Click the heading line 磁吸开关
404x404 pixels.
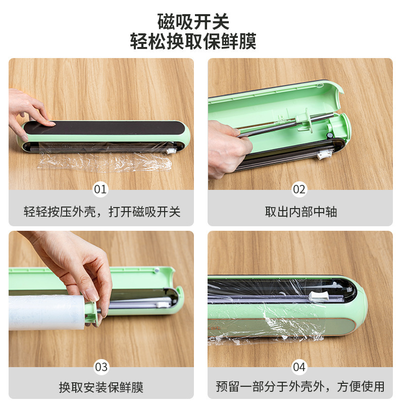[x=193, y=22]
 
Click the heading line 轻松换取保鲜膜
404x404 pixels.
[x=193, y=41]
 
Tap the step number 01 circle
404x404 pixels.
[x=100, y=189]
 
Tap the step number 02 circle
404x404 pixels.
[x=299, y=189]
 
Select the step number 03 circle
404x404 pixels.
[x=101, y=367]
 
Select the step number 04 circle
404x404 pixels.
[x=299, y=367]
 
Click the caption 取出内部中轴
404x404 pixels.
[x=301, y=212]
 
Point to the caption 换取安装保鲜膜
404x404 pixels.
[x=101, y=387]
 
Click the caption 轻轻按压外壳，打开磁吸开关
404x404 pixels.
[x=102, y=212]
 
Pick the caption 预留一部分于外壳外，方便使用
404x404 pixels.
[x=300, y=386]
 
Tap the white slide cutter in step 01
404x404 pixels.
[x=171, y=151]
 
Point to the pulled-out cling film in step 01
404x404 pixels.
[x=105, y=161]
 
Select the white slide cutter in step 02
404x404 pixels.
[x=324, y=155]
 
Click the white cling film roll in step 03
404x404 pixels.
[x=47, y=313]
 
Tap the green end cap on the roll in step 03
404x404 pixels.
[x=91, y=313]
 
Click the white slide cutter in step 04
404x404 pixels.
[x=319, y=296]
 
